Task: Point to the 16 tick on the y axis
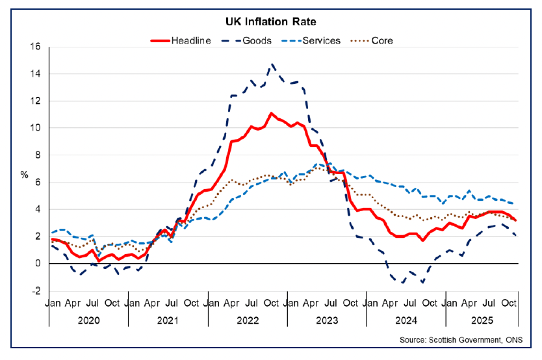[36, 47]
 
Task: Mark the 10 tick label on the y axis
[36, 128]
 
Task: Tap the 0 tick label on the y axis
[38, 264]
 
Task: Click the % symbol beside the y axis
[25, 175]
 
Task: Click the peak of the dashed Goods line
[272, 64]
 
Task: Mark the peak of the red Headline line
[272, 113]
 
